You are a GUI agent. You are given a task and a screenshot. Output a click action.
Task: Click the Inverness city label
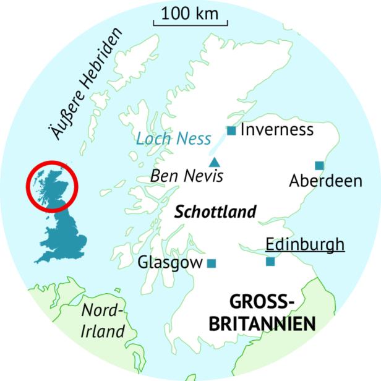pyautogui.click(x=277, y=130)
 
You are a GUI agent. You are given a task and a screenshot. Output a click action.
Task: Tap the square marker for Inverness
pyautogui.click(x=231, y=131)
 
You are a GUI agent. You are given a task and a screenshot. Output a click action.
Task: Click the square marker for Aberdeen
pyautogui.click(x=319, y=165)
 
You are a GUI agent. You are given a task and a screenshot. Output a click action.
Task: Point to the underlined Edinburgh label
pyautogui.click(x=304, y=244)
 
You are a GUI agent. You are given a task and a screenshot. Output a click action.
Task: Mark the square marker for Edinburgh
pyautogui.click(x=270, y=262)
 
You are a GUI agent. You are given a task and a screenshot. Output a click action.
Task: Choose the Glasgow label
pyautogui.click(x=170, y=263)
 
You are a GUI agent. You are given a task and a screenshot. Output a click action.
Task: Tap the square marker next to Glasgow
pyautogui.click(x=212, y=263)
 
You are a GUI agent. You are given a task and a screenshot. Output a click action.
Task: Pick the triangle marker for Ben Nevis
pyautogui.click(x=214, y=163)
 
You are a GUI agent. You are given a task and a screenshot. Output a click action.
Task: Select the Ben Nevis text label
pyautogui.click(x=186, y=176)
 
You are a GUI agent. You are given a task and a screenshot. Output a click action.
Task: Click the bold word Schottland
pyautogui.click(x=215, y=212)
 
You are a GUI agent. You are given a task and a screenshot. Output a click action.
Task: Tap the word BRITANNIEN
pyautogui.click(x=262, y=323)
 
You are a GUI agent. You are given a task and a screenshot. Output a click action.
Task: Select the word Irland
pyautogui.click(x=103, y=331)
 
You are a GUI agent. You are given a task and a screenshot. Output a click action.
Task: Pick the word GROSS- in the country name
pyautogui.click(x=258, y=302)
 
